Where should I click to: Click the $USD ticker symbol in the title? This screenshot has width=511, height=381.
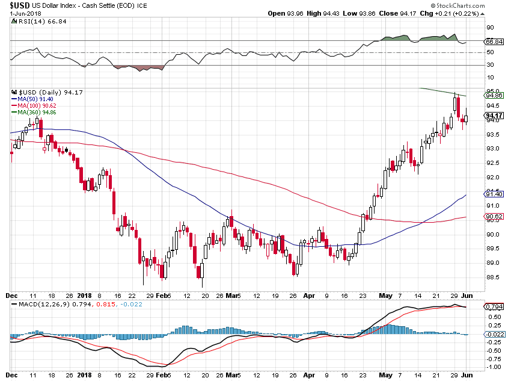[20, 5]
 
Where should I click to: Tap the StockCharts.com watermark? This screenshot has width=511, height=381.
[457, 5]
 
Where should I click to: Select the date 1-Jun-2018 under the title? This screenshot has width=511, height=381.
[25, 13]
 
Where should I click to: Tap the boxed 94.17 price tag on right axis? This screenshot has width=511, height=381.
[494, 116]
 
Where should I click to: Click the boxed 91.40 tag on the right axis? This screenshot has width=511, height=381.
[494, 194]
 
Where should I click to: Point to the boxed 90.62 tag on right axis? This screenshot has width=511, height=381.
[494, 216]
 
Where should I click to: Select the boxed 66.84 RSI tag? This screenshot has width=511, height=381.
[494, 42]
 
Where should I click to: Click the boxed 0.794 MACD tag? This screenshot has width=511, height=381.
[494, 306]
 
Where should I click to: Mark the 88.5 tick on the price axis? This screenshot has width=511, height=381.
[493, 277]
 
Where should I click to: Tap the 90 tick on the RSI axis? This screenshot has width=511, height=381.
[490, 28]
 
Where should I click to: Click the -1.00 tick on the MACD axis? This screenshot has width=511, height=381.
[493, 367]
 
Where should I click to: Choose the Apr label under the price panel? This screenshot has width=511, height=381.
[309, 296]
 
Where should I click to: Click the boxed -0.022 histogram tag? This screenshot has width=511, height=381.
[495, 335]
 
